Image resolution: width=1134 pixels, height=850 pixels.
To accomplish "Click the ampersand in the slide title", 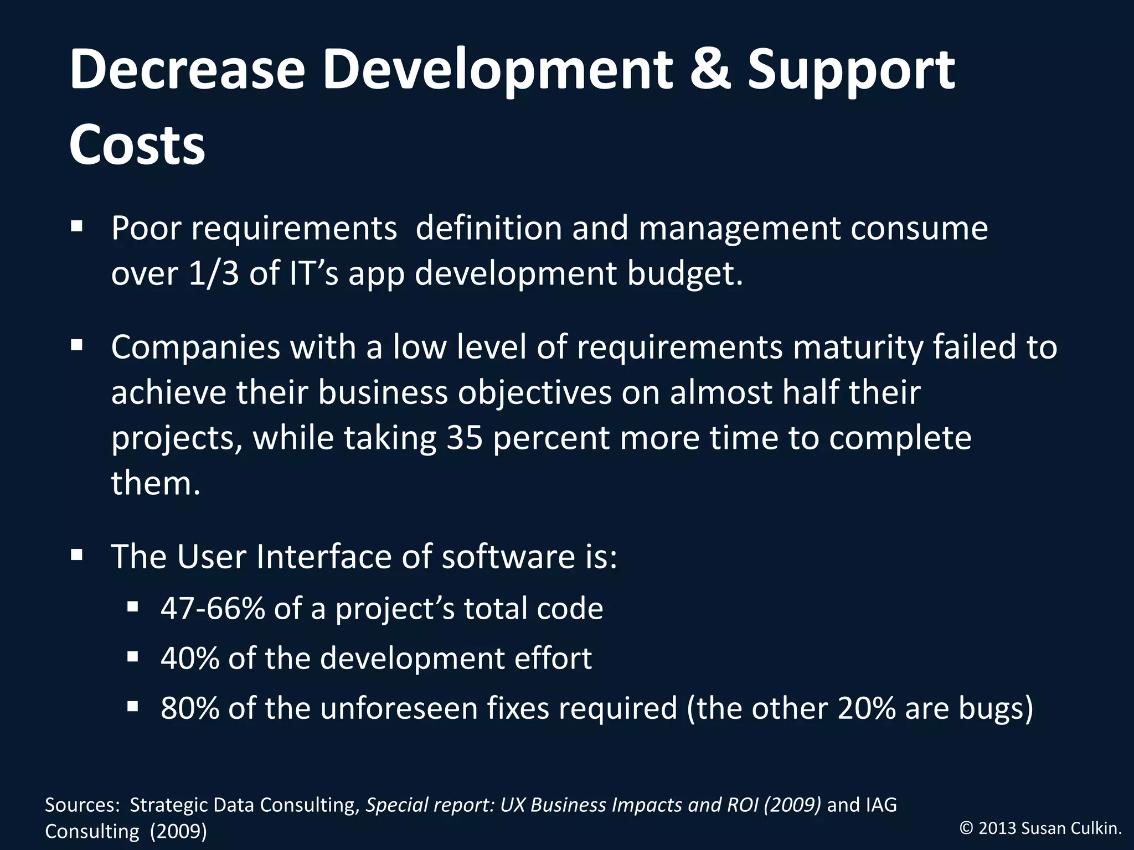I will point(710,70).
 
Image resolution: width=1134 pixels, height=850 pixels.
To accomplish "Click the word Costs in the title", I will point(137,144).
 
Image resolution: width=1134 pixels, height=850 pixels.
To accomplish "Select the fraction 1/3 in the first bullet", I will point(213,273).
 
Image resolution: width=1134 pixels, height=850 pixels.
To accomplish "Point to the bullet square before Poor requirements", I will point(76,226).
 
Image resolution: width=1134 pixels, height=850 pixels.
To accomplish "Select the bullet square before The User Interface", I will point(76,554).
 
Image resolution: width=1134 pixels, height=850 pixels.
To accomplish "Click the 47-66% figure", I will point(213,608).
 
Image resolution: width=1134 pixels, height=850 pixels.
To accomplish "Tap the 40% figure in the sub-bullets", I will point(190,658).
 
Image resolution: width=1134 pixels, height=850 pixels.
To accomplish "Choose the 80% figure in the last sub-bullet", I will point(190,708).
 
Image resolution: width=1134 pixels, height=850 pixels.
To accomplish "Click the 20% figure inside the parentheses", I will point(867,708).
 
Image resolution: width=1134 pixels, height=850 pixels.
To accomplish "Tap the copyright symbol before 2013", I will point(967,828).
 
